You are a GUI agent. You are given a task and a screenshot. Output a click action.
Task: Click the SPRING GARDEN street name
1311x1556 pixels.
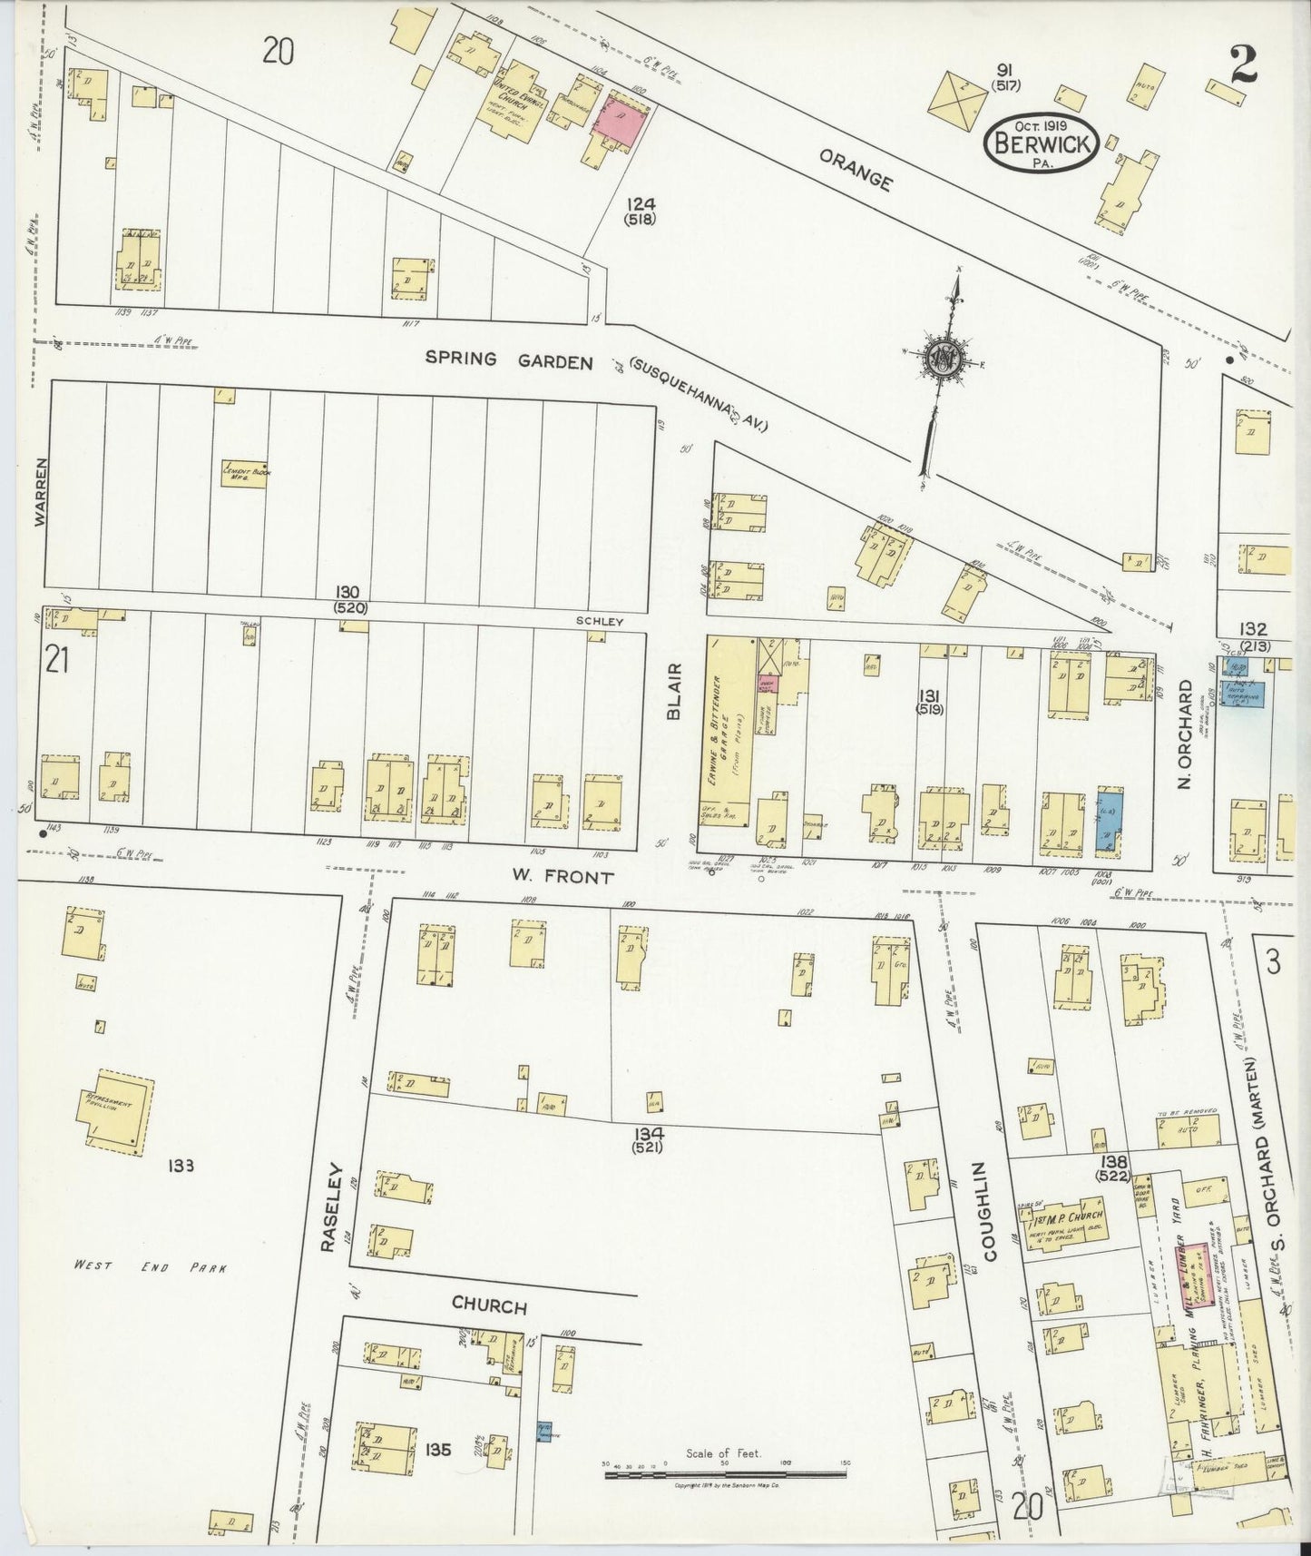pos(510,360)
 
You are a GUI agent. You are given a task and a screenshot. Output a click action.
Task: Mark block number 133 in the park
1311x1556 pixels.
pos(180,1165)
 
